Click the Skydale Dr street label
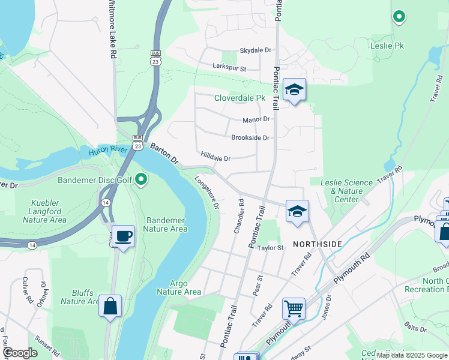(256, 50)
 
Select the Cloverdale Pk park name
(240, 98)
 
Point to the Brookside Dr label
(250, 137)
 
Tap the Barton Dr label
(164, 153)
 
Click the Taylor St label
(270, 248)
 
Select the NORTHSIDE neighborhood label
(317, 244)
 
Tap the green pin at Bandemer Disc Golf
(141, 179)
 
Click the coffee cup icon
(123, 236)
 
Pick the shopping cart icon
(294, 308)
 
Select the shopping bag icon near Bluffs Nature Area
(110, 306)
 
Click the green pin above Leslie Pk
(399, 16)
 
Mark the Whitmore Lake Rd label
(111, 29)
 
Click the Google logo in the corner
(19, 353)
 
